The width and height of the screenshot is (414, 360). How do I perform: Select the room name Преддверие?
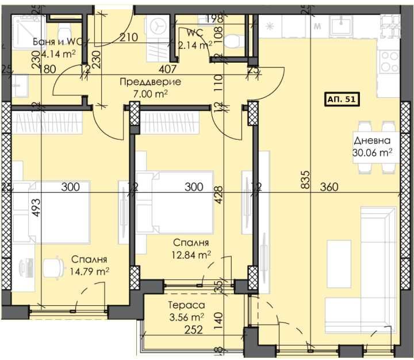(x=150, y=82)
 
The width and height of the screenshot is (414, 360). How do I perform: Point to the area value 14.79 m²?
(x=90, y=270)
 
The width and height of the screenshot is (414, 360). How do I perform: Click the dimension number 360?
(x=330, y=187)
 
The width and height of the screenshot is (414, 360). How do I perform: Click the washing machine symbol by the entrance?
(x=158, y=26)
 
